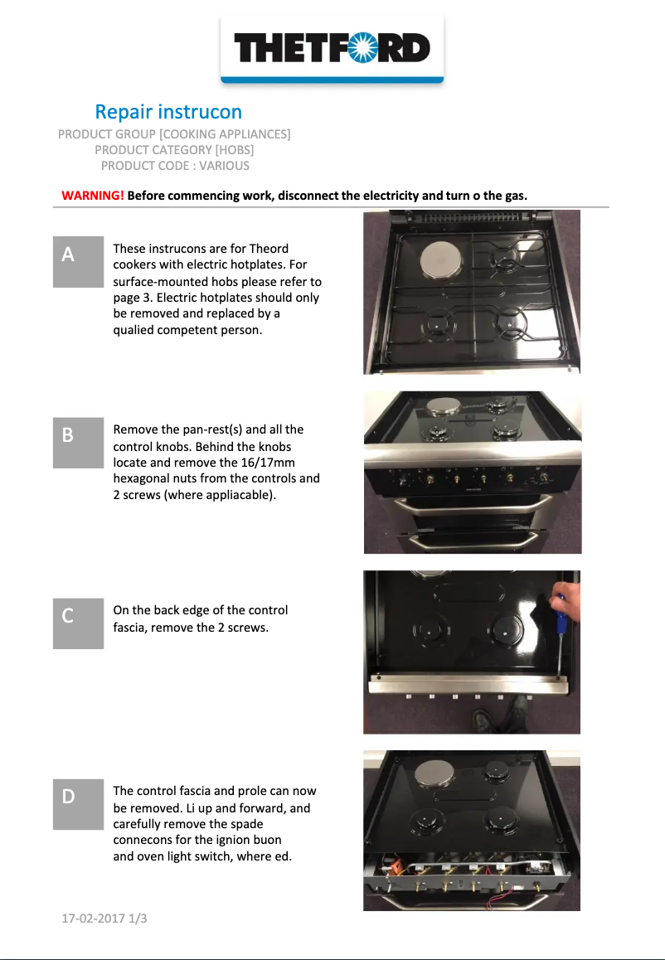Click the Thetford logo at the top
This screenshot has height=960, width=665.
click(332, 48)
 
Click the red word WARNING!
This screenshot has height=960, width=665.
click(93, 196)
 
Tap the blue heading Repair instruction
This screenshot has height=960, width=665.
click(168, 111)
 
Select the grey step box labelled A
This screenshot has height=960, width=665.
click(78, 262)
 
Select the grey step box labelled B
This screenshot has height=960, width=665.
click(78, 443)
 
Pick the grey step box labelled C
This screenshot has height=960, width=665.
click(78, 623)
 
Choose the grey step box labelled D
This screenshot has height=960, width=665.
click(78, 804)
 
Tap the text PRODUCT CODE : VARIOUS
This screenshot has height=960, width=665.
click(175, 166)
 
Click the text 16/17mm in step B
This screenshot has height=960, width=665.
click(269, 462)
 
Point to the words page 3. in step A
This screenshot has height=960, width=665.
click(132, 298)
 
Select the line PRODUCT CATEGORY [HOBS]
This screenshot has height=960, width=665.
click(174, 150)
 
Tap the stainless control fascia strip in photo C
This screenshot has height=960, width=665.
click(468, 686)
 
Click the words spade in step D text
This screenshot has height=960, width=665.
click(247, 824)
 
